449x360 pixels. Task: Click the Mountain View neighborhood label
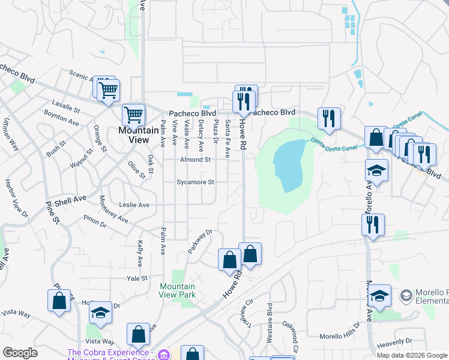[134, 135]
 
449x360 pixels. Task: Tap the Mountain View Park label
[178, 291]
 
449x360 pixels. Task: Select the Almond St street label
[196, 160]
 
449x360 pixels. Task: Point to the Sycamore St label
[195, 182]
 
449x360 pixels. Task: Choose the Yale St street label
[137, 278]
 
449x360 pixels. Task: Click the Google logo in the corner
[20, 353]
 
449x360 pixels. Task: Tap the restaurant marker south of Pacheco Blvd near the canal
[328, 118]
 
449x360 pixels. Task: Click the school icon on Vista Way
[100, 312]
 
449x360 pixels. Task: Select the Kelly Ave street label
[140, 254]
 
